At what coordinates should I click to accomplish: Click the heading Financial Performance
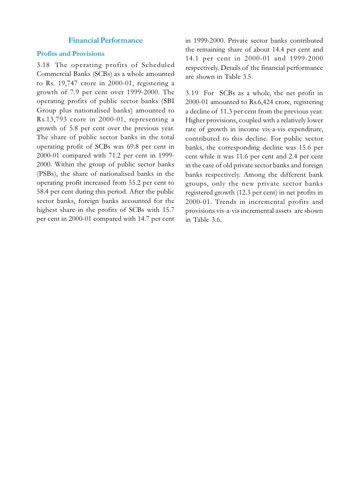coord(105,40)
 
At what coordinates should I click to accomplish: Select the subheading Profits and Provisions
coord(70,53)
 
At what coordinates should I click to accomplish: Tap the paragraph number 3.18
coord(43,65)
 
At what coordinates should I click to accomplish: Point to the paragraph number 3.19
coord(192,93)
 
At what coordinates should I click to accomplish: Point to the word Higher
coord(196,120)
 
